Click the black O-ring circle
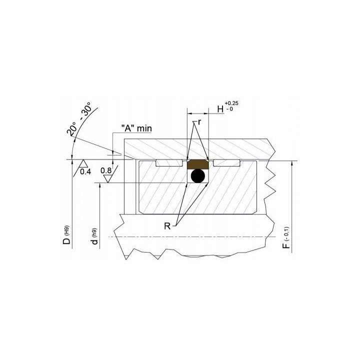pos(197,176)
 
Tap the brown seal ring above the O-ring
pos(198,164)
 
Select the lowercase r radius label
pos(199,122)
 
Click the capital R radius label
pos(167,226)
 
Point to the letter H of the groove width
pos(220,109)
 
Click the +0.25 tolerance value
pos(231,103)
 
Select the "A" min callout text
pos(136,128)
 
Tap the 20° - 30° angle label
pos(79,118)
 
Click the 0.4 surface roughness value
pos(85,171)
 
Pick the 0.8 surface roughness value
pos(106,170)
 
